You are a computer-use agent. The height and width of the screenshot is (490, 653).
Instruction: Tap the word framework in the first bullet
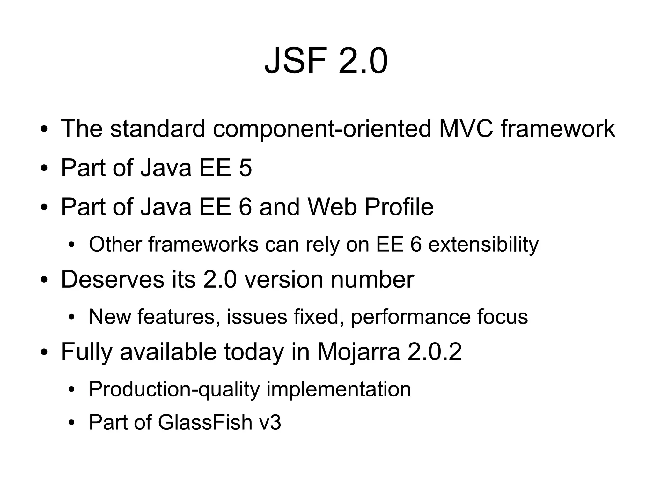click(x=558, y=128)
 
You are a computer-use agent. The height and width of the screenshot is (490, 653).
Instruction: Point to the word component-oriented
click(x=322, y=128)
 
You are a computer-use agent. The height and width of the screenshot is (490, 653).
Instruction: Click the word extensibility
click(x=483, y=245)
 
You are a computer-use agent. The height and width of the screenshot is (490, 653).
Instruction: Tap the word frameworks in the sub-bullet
click(x=203, y=245)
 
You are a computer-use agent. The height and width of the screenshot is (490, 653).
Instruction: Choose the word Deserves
click(x=112, y=279)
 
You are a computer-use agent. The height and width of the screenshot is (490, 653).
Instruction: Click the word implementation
click(x=338, y=389)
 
